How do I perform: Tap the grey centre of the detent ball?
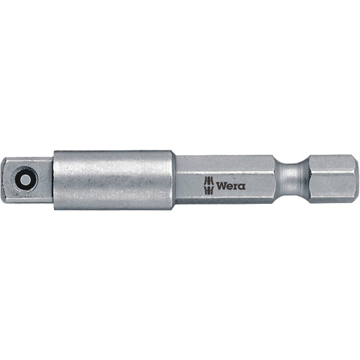27,179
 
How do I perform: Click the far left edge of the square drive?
14,179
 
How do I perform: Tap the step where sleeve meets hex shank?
175,179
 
